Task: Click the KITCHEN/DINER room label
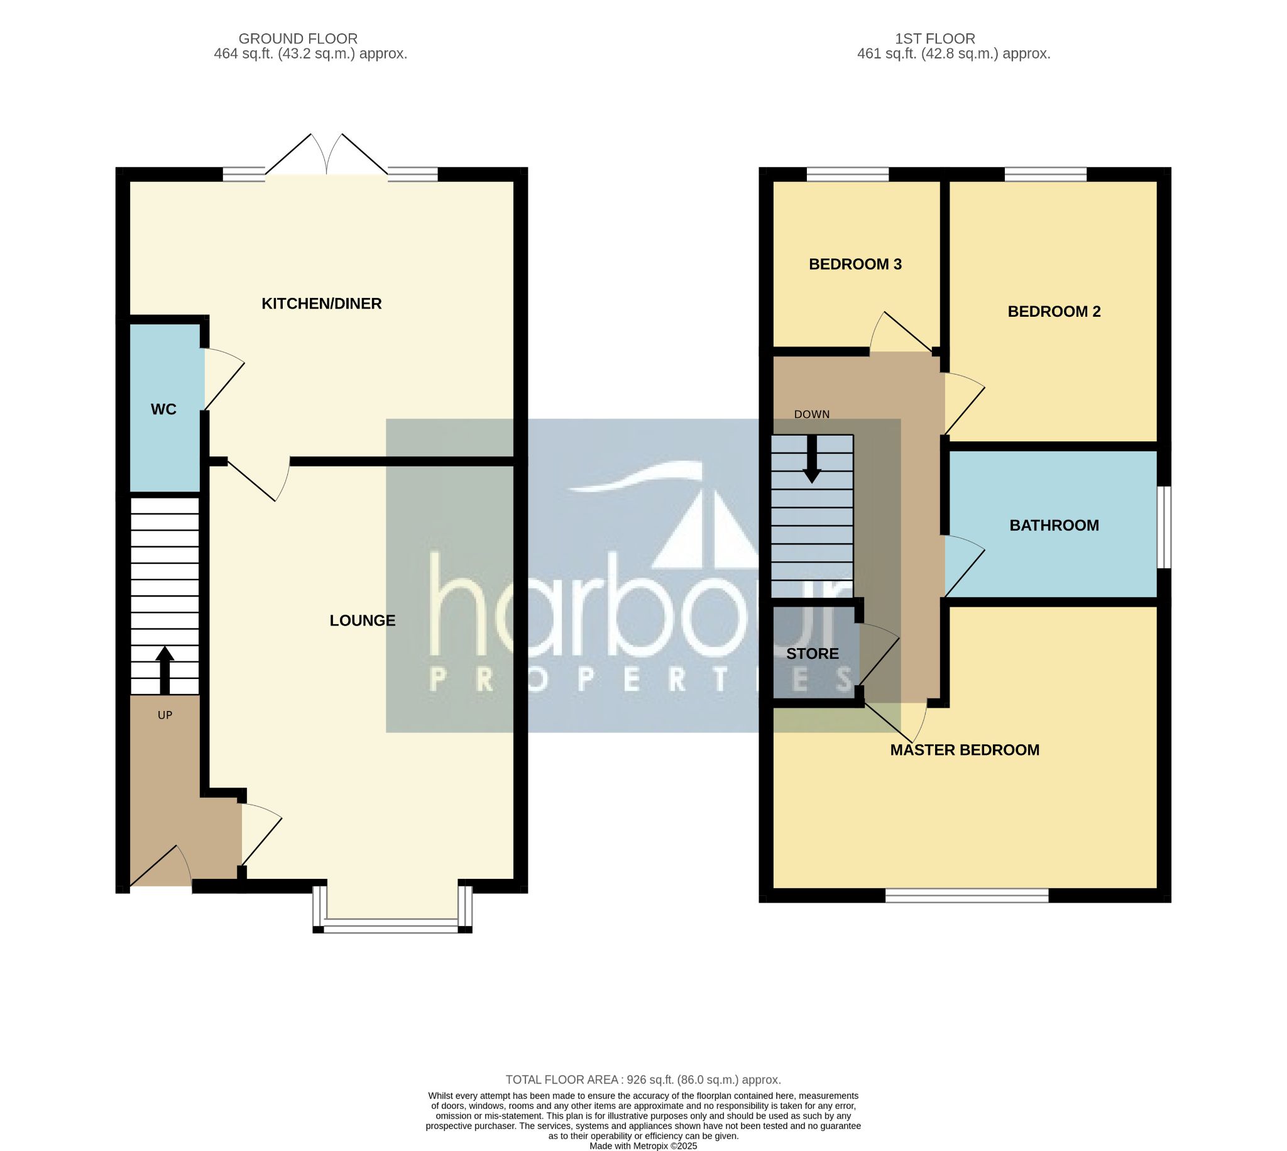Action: (x=321, y=304)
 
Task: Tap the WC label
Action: (x=163, y=409)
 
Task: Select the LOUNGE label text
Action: (x=362, y=620)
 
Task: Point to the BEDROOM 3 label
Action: (x=855, y=265)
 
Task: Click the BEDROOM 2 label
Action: (x=1054, y=311)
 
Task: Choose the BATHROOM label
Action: (x=1054, y=525)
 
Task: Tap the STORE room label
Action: (x=813, y=653)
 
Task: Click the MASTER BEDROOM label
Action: (x=965, y=750)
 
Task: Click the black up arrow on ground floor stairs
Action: (x=165, y=669)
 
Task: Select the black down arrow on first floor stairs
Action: (x=812, y=459)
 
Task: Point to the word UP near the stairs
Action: (x=165, y=715)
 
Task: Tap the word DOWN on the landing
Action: (x=812, y=414)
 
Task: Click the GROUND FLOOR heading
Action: (x=298, y=38)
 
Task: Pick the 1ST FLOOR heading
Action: (x=935, y=38)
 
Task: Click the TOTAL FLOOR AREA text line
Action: (x=643, y=1079)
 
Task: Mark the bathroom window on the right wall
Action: (x=1164, y=527)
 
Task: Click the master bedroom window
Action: (x=967, y=895)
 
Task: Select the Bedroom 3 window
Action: (x=847, y=174)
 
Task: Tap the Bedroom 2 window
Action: (x=1046, y=174)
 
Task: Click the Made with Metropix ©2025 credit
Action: (x=643, y=1145)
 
